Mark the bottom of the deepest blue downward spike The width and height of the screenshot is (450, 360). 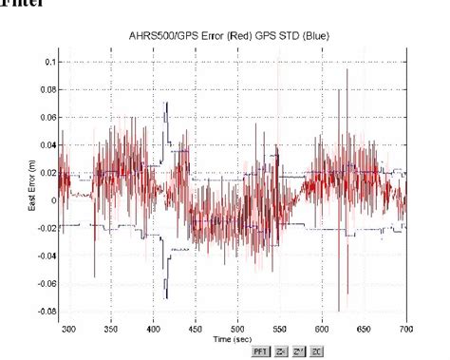[x=166, y=298]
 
